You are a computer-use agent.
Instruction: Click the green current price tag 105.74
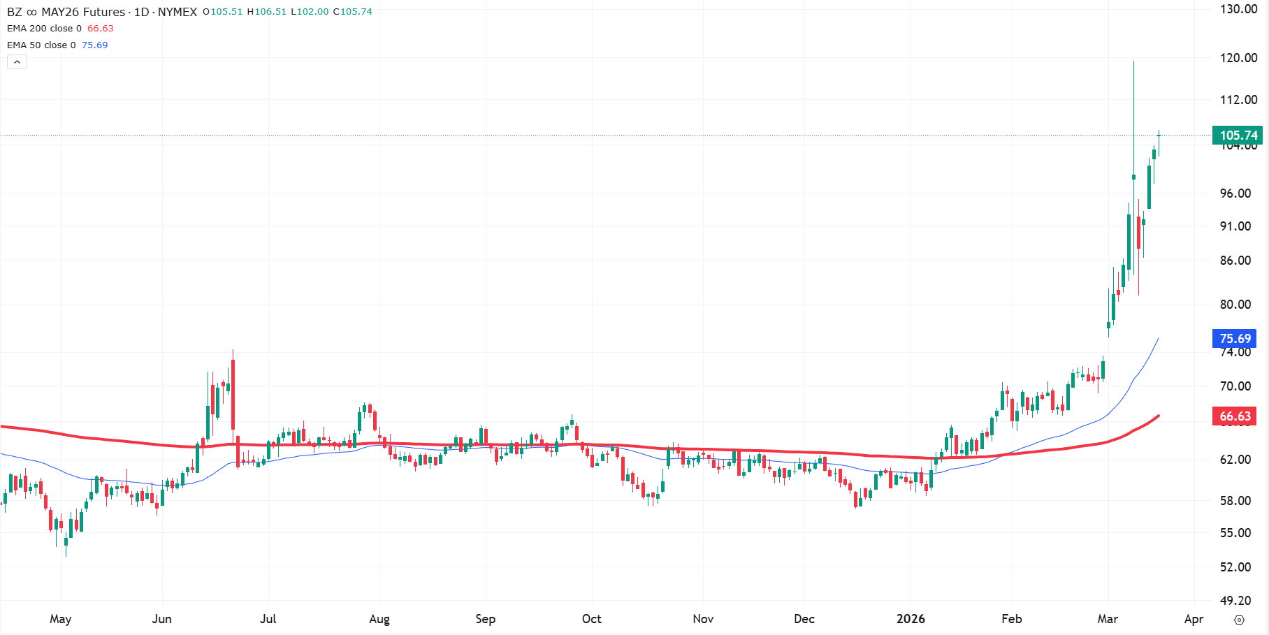coord(1238,136)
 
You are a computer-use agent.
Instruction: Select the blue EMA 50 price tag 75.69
coord(1235,339)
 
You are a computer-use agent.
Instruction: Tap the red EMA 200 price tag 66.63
coord(1235,416)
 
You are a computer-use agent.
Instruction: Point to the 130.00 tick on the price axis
coord(1238,9)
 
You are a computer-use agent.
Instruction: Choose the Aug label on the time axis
coord(379,619)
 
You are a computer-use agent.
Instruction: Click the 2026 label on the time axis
coord(911,619)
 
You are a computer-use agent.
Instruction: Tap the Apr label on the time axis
coord(1194,619)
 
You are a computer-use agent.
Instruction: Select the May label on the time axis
coord(61,619)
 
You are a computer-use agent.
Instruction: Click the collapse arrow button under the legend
coord(17,62)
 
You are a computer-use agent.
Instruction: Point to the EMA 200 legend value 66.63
coord(100,29)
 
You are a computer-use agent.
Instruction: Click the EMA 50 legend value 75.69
coord(94,45)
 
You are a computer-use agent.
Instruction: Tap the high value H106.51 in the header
coord(267,12)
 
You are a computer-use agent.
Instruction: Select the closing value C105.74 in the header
coord(352,12)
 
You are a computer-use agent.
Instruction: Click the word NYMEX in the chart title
coord(177,12)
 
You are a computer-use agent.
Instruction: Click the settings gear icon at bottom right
coord(1239,620)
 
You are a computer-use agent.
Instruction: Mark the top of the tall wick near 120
coord(1133,62)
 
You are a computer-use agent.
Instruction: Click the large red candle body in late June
coord(233,395)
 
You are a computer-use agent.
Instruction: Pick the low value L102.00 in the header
coord(310,12)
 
